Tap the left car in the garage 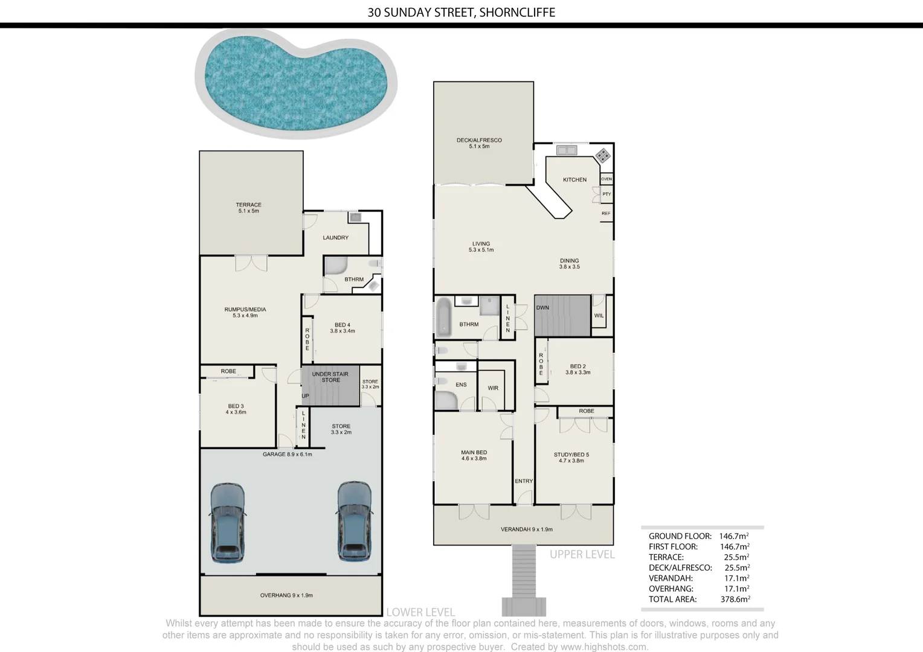click(228, 522)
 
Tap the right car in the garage click(353, 522)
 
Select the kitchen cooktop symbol click(602, 156)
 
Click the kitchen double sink click(567, 150)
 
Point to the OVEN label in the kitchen click(606, 179)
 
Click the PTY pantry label click(606, 194)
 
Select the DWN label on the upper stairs click(542, 308)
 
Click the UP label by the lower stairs click(305, 396)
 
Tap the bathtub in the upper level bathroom click(444, 317)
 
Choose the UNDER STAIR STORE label click(330, 377)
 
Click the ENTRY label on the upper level click(524, 481)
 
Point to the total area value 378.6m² click(735, 599)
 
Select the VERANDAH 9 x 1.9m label click(526, 529)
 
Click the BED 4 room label click(342, 328)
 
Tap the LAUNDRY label click(335, 238)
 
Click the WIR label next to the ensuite click(493, 388)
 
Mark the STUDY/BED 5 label click(571, 458)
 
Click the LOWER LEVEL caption click(420, 612)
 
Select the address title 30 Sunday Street click(461, 13)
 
